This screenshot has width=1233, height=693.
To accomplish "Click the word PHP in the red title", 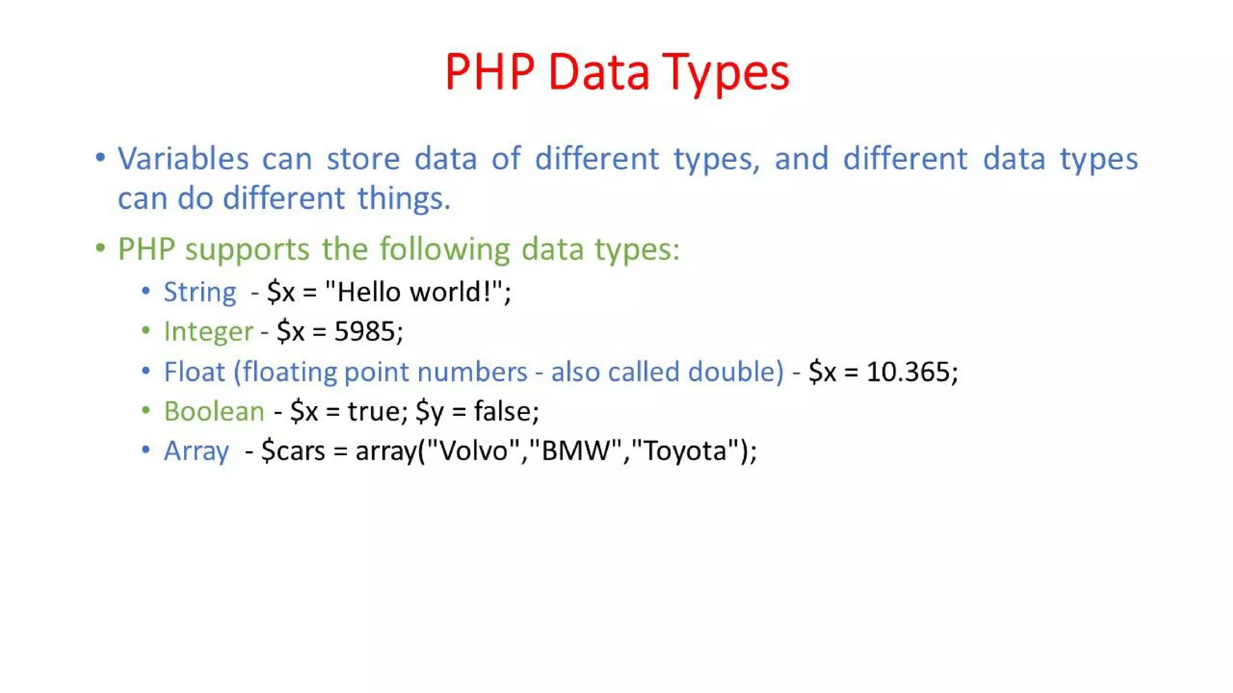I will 489,72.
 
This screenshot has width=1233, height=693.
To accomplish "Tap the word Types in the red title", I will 725,73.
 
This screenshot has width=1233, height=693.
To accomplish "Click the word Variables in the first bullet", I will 183,159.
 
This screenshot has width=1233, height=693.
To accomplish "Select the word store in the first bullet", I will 363,159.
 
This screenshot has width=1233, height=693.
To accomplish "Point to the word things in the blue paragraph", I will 403,199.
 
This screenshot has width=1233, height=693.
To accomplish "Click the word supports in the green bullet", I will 247,250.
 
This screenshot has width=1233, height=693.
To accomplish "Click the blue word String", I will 200,293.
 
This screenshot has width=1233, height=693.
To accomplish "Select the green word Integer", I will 208,331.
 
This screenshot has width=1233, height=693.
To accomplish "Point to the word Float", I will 194,372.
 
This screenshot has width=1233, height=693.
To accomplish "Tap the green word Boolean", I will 214,411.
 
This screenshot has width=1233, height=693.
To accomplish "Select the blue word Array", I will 196,451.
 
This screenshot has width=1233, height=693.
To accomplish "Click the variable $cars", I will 293,451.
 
